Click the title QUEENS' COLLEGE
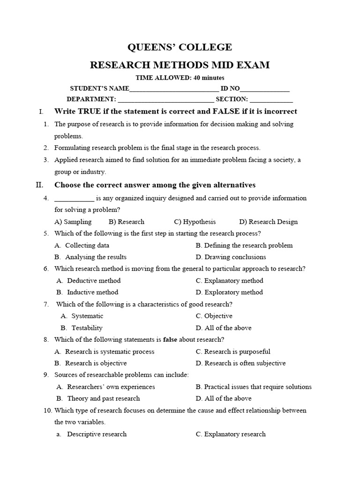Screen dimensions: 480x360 click(x=180, y=47)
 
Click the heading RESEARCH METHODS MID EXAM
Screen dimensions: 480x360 click(x=180, y=65)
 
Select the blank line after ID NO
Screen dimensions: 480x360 click(x=265, y=89)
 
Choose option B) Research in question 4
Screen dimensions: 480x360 click(x=127, y=222)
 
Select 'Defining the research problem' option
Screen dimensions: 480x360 click(x=248, y=245)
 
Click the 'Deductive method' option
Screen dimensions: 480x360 click(x=94, y=281)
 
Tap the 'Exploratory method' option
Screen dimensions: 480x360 click(x=234, y=292)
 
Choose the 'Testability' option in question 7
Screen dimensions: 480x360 click(x=87, y=328)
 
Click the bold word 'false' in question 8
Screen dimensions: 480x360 click(x=170, y=340)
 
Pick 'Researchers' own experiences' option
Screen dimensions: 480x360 click(x=111, y=387)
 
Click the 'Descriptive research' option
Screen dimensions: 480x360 click(x=97, y=434)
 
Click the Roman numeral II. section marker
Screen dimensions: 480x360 click(x=39, y=185)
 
